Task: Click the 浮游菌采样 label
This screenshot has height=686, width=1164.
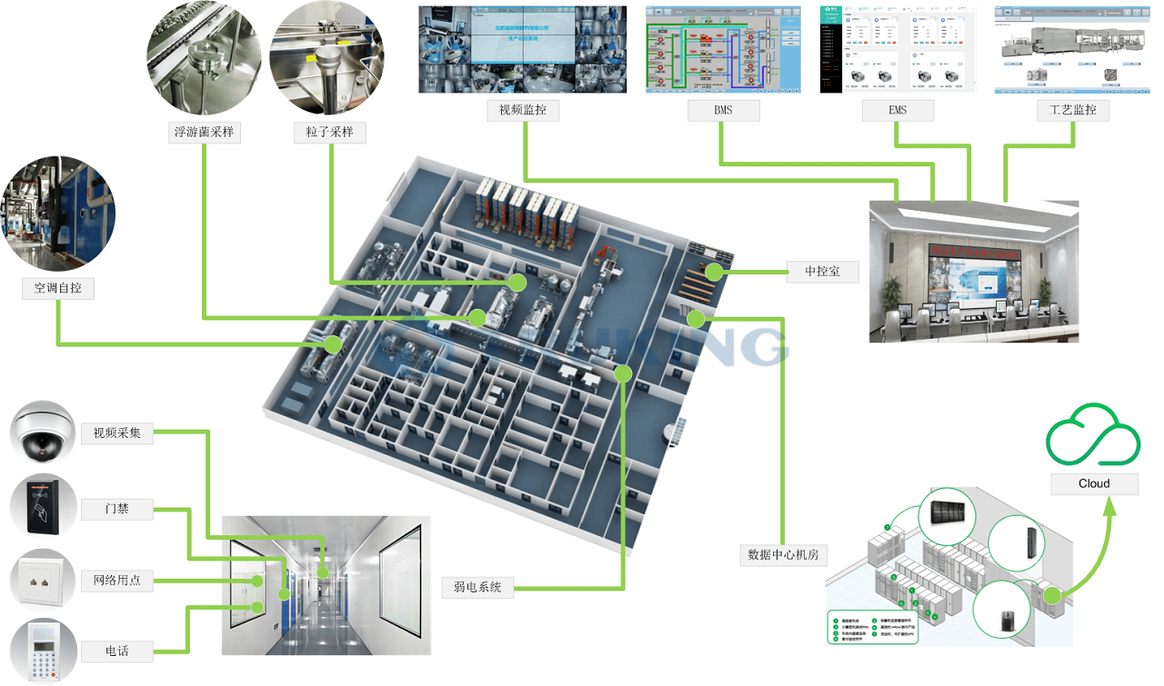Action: (x=204, y=132)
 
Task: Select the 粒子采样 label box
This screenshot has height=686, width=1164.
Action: (x=329, y=132)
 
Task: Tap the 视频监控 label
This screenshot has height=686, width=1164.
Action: (x=523, y=111)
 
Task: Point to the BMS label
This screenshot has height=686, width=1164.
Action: (x=722, y=111)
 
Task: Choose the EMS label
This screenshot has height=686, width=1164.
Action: (x=897, y=111)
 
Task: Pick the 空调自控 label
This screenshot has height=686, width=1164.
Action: (x=58, y=288)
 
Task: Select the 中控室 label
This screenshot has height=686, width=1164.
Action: (x=822, y=271)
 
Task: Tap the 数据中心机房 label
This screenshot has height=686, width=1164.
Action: (x=783, y=553)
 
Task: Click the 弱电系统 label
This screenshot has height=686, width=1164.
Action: (x=477, y=587)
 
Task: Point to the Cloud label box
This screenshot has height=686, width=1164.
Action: (x=1094, y=483)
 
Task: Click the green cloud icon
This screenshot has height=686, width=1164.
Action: (x=1093, y=431)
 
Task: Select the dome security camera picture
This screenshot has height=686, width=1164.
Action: (x=41, y=432)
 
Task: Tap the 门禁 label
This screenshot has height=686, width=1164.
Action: (x=116, y=509)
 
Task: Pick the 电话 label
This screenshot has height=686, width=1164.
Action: (x=116, y=651)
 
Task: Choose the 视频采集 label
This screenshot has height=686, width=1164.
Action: (x=116, y=432)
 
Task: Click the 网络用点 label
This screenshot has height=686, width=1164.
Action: (x=116, y=580)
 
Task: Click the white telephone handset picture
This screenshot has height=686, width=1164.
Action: (x=41, y=651)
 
